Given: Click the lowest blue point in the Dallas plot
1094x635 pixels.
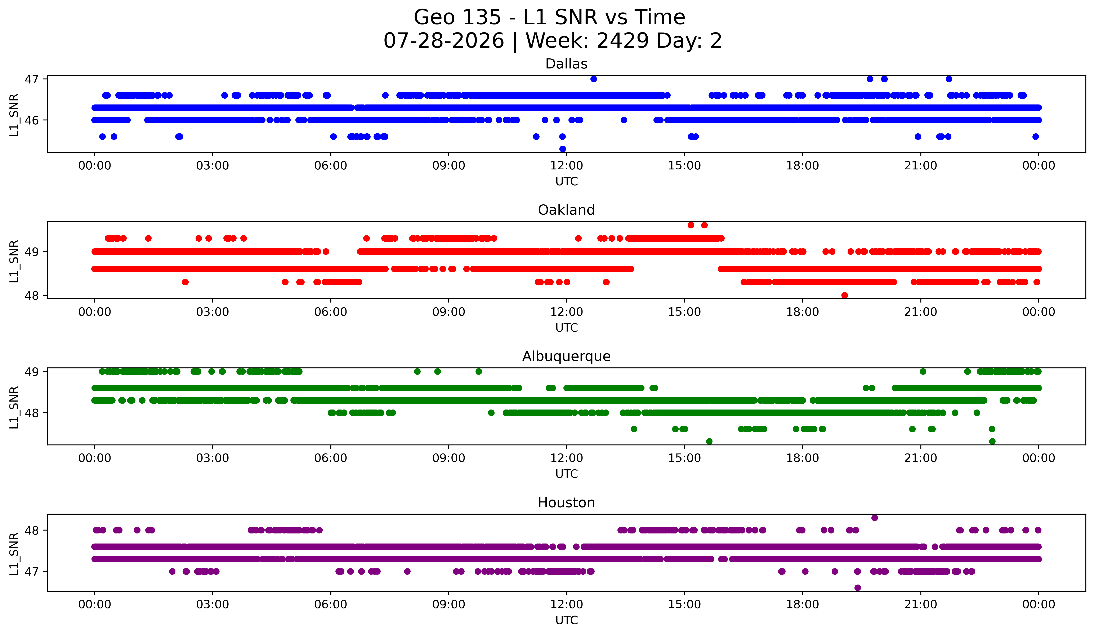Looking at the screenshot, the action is click(x=563, y=149).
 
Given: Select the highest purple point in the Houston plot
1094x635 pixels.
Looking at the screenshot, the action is click(x=875, y=518).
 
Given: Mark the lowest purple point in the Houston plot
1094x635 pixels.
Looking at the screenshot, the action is click(x=857, y=588).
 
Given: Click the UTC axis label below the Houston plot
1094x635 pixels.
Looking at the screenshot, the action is click(x=567, y=620).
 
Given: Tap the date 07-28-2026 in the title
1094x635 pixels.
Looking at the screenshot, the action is click(x=444, y=41).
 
